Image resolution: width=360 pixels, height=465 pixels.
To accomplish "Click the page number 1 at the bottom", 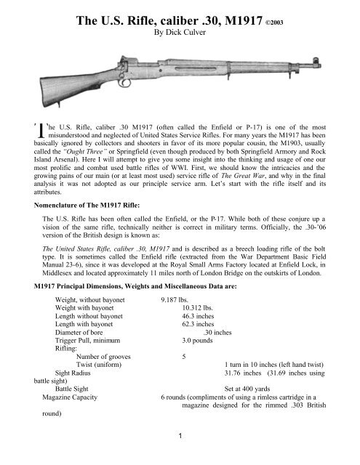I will point(180,456).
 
